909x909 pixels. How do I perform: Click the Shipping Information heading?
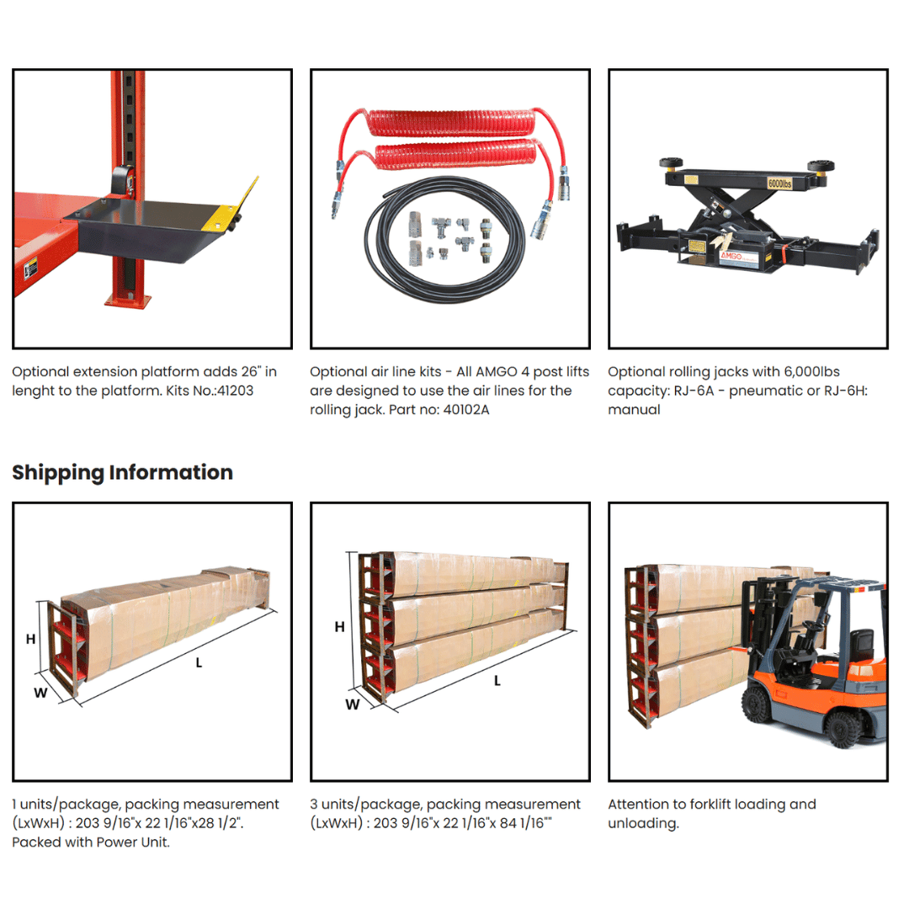(x=122, y=472)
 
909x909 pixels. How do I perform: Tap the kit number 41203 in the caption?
(x=235, y=391)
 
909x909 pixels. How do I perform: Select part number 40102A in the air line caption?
(x=466, y=410)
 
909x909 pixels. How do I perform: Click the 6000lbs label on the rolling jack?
(x=779, y=183)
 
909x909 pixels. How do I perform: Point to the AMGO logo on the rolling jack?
(x=731, y=256)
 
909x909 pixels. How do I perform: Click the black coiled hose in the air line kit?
(x=444, y=239)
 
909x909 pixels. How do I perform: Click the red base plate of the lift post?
(x=128, y=300)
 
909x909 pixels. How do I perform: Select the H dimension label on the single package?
(x=31, y=639)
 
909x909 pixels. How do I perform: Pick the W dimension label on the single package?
(x=40, y=693)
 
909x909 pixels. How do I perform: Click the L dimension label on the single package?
(x=199, y=662)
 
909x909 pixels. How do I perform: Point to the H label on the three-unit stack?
(x=340, y=627)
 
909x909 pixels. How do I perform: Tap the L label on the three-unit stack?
(x=497, y=681)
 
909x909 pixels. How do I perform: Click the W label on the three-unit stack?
(x=353, y=704)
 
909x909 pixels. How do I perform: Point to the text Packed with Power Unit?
(x=91, y=843)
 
